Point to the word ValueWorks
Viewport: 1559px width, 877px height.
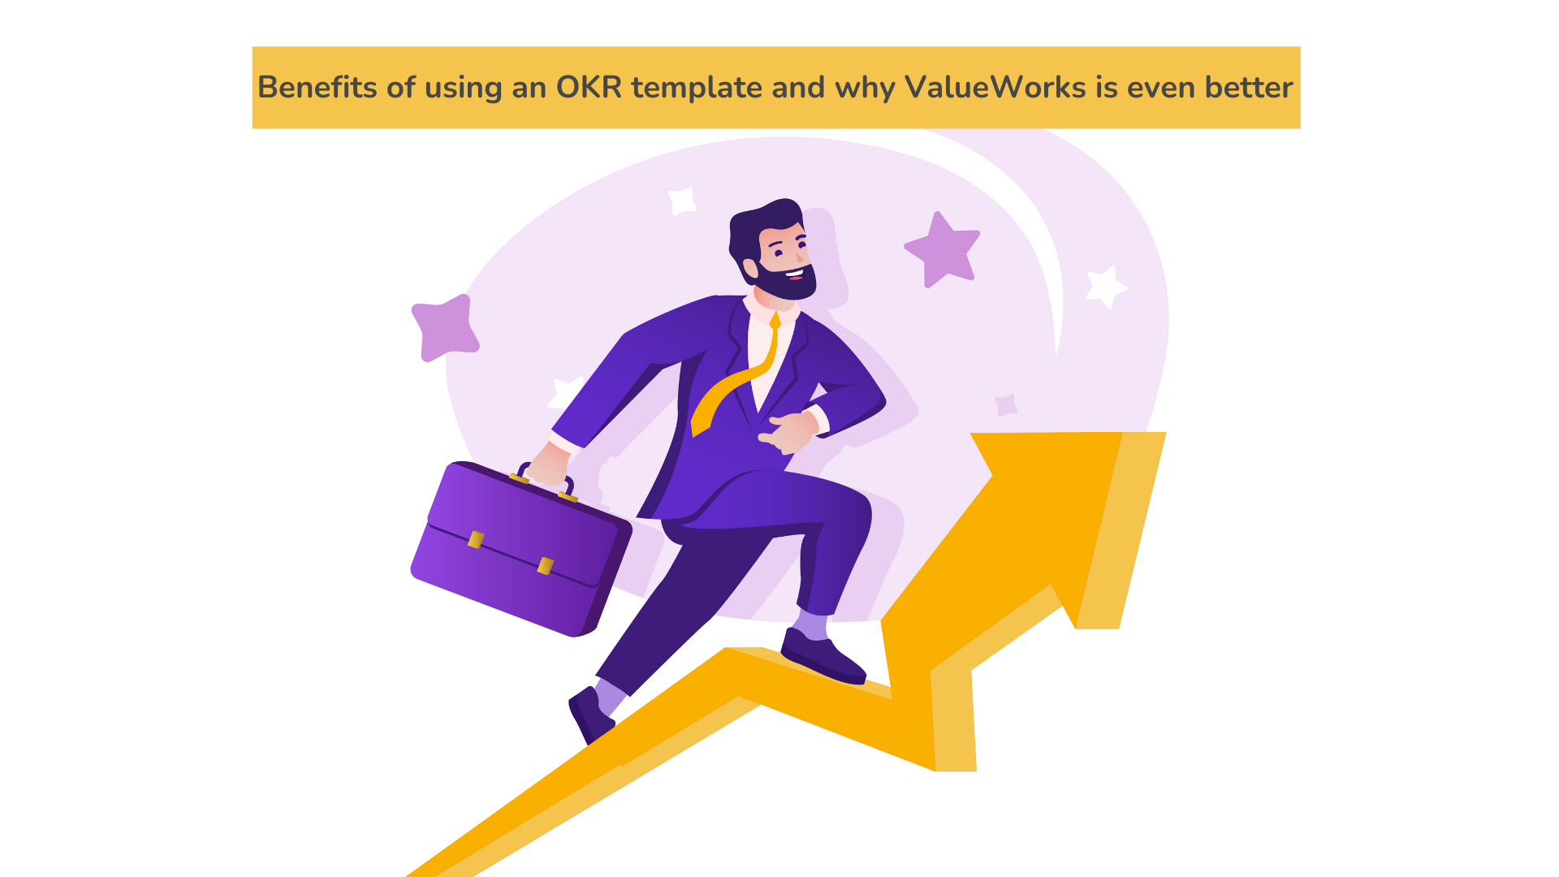[x=995, y=87]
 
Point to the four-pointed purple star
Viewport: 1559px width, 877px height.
[x=445, y=328]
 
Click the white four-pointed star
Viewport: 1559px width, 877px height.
[x=682, y=201]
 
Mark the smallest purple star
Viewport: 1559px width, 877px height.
[x=1007, y=405]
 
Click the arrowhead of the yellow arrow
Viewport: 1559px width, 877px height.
[x=1056, y=520]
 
